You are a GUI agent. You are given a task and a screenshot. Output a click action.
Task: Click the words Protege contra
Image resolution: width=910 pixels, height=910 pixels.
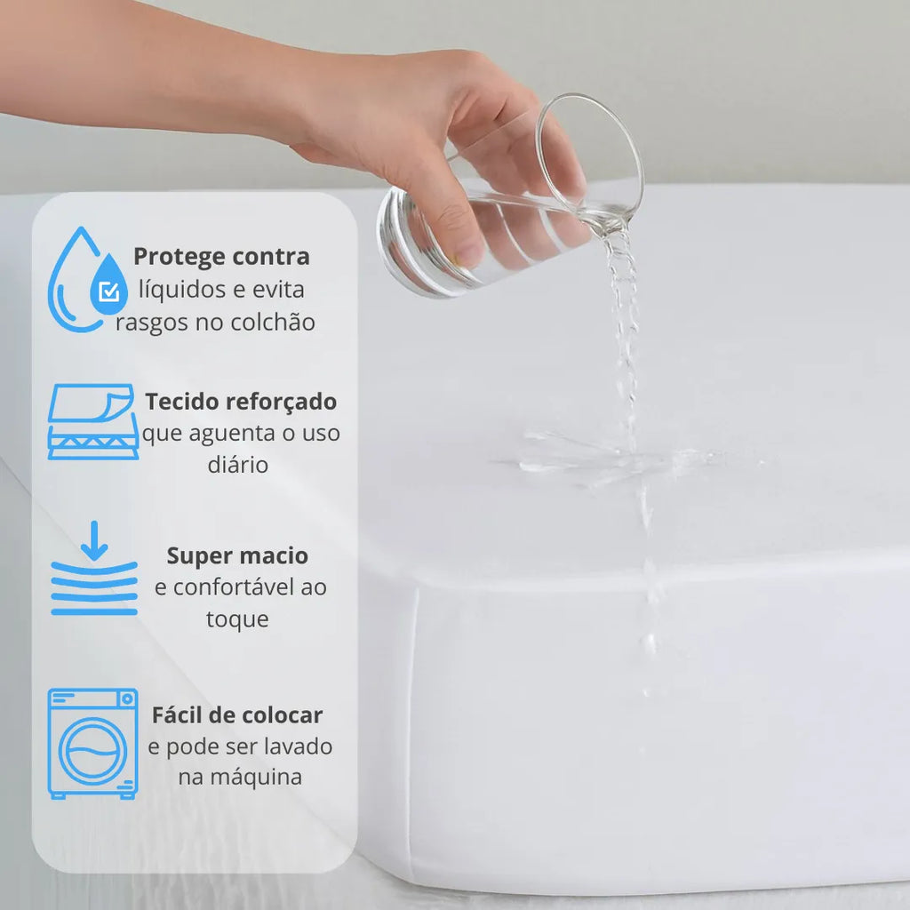221,257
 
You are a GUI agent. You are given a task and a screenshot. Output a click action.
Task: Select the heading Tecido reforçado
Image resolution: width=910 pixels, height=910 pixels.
241,403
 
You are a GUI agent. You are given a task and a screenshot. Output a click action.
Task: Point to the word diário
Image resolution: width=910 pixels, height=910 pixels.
238,464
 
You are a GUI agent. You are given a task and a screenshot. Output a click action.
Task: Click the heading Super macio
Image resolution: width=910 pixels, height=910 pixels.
237,556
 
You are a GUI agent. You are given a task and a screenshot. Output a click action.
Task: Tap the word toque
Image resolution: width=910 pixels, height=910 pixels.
237,619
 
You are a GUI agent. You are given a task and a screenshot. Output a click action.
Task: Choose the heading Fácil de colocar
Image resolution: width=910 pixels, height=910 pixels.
237,715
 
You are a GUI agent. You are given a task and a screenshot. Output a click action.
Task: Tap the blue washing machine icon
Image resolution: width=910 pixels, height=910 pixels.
92,744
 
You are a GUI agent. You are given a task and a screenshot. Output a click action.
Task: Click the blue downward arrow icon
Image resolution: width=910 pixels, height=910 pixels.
94,541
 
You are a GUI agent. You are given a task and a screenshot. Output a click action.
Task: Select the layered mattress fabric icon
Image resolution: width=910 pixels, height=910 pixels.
92,421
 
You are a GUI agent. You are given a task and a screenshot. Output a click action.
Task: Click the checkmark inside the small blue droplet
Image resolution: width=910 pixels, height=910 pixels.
109,291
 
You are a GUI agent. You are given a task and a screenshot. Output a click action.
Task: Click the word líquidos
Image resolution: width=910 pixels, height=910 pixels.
181,290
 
